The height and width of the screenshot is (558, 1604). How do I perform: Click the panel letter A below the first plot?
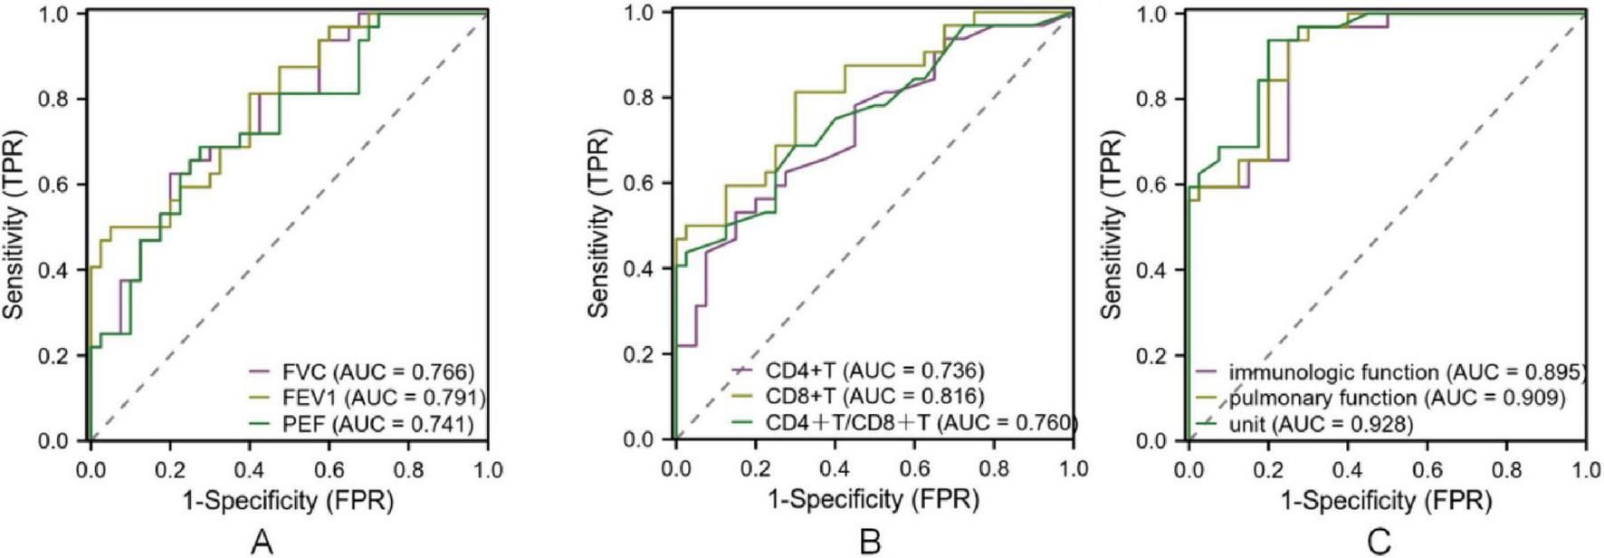point(262,542)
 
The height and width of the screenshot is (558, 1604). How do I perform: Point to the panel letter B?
point(870,542)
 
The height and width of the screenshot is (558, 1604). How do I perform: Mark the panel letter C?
point(1380,542)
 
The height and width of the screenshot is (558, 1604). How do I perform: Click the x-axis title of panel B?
point(874,499)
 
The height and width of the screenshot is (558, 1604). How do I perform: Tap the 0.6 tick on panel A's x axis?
point(329,469)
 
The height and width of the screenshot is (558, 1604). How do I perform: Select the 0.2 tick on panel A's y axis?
point(55,356)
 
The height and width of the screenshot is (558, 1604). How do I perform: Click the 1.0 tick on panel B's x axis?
point(1073,468)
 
